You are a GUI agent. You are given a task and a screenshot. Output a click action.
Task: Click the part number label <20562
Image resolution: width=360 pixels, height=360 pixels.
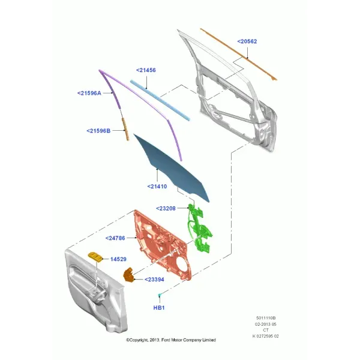[247, 41]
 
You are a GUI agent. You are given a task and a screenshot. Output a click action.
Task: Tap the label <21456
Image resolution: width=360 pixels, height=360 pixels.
[146, 70]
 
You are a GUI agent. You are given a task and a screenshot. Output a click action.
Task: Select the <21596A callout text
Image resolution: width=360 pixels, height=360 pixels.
[89, 93]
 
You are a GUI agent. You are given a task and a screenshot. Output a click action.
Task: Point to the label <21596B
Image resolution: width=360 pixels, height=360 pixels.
[98, 131]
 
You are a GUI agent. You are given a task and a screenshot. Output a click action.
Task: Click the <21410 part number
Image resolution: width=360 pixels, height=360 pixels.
[157, 187]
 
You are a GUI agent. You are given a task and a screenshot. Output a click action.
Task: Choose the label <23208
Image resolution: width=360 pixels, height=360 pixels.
[166, 208]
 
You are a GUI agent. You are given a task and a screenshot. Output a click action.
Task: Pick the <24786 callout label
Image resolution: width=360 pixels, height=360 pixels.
[115, 238]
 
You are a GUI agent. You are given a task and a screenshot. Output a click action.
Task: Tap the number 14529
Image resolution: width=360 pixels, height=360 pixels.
[118, 259]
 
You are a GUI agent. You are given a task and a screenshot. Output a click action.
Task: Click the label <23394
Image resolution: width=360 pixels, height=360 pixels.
[154, 280]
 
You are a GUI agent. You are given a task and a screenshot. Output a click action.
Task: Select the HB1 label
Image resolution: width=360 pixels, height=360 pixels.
[159, 308]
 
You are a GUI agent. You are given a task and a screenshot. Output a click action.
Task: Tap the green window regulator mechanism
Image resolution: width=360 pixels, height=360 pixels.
[199, 229]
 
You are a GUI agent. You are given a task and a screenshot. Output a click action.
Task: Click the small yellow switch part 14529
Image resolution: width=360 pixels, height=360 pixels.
[95, 256]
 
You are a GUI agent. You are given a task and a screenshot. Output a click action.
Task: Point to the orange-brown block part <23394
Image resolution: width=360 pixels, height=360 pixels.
[129, 275]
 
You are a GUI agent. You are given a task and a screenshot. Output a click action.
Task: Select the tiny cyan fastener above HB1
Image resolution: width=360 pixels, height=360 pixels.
[160, 295]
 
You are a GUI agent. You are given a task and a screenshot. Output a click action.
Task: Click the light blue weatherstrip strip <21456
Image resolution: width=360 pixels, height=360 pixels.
[160, 100]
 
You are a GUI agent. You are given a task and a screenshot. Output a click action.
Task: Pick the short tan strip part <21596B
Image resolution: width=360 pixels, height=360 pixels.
[125, 129]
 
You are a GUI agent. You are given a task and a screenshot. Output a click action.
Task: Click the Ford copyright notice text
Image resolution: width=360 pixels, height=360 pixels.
[171, 340]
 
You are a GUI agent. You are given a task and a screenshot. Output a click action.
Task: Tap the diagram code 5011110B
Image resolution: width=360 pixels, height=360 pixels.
[266, 318]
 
